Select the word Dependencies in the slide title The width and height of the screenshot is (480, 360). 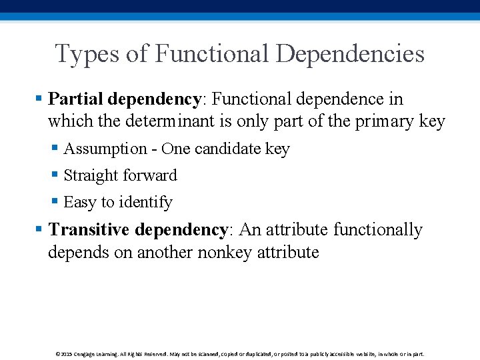[350, 54]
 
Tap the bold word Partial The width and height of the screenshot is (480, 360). [76, 99]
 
